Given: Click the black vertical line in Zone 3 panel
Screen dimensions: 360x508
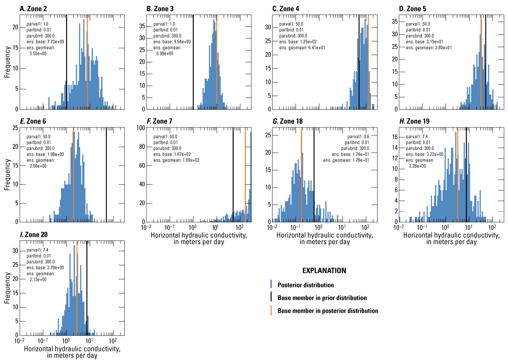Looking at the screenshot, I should point(193,61).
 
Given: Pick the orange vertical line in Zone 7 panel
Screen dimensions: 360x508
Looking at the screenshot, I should point(245,173).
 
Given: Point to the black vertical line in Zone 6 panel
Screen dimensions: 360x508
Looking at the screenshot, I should point(106,173).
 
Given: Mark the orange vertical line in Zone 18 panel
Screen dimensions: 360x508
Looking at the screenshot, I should point(301,173).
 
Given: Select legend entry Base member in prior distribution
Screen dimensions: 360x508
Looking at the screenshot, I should point(322,298).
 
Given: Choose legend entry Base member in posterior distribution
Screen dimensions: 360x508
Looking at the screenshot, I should point(327,310).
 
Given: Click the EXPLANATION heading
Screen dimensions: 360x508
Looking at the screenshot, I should point(324,271).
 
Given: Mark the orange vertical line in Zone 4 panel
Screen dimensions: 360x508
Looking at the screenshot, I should point(368,61).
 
